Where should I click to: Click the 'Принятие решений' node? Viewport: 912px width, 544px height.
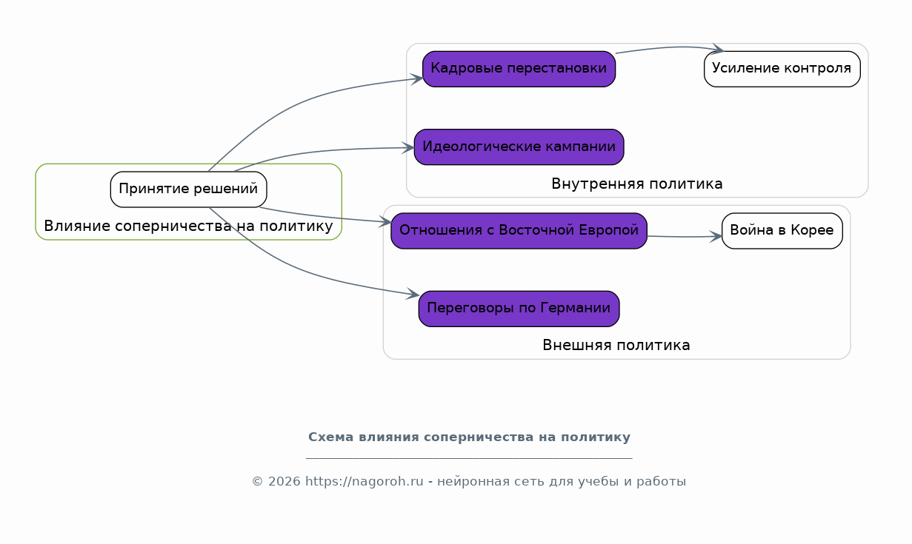(x=188, y=189)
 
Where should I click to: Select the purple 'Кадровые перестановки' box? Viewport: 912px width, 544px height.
(x=519, y=69)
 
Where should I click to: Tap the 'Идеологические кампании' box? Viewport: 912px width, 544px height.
(x=519, y=147)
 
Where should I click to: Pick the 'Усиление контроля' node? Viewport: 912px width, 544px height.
(x=782, y=69)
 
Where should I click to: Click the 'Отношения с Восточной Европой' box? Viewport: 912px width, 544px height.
(x=519, y=231)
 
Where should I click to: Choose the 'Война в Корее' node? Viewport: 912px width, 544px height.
(x=782, y=231)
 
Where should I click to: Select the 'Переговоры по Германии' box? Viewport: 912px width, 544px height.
(x=519, y=309)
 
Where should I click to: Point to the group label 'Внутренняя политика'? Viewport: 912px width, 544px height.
(x=637, y=184)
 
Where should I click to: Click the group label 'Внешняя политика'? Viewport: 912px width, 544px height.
(x=616, y=346)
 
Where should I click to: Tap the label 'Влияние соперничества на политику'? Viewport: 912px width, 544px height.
(x=188, y=226)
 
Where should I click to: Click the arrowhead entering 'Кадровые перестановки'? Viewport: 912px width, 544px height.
(x=417, y=78)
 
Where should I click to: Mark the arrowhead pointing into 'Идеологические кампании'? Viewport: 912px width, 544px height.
(x=408, y=148)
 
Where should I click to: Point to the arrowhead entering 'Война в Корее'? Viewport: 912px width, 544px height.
(x=716, y=236)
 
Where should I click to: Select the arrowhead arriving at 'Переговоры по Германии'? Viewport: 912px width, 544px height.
(x=413, y=294)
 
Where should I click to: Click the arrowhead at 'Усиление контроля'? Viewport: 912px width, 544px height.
(x=718, y=49)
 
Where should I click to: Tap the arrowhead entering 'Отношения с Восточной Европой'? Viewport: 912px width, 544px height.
(x=385, y=222)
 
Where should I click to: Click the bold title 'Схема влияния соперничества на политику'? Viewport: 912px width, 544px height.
(x=469, y=437)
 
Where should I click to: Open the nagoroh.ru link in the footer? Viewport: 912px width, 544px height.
(x=365, y=482)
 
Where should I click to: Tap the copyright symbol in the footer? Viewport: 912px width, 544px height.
(x=258, y=482)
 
